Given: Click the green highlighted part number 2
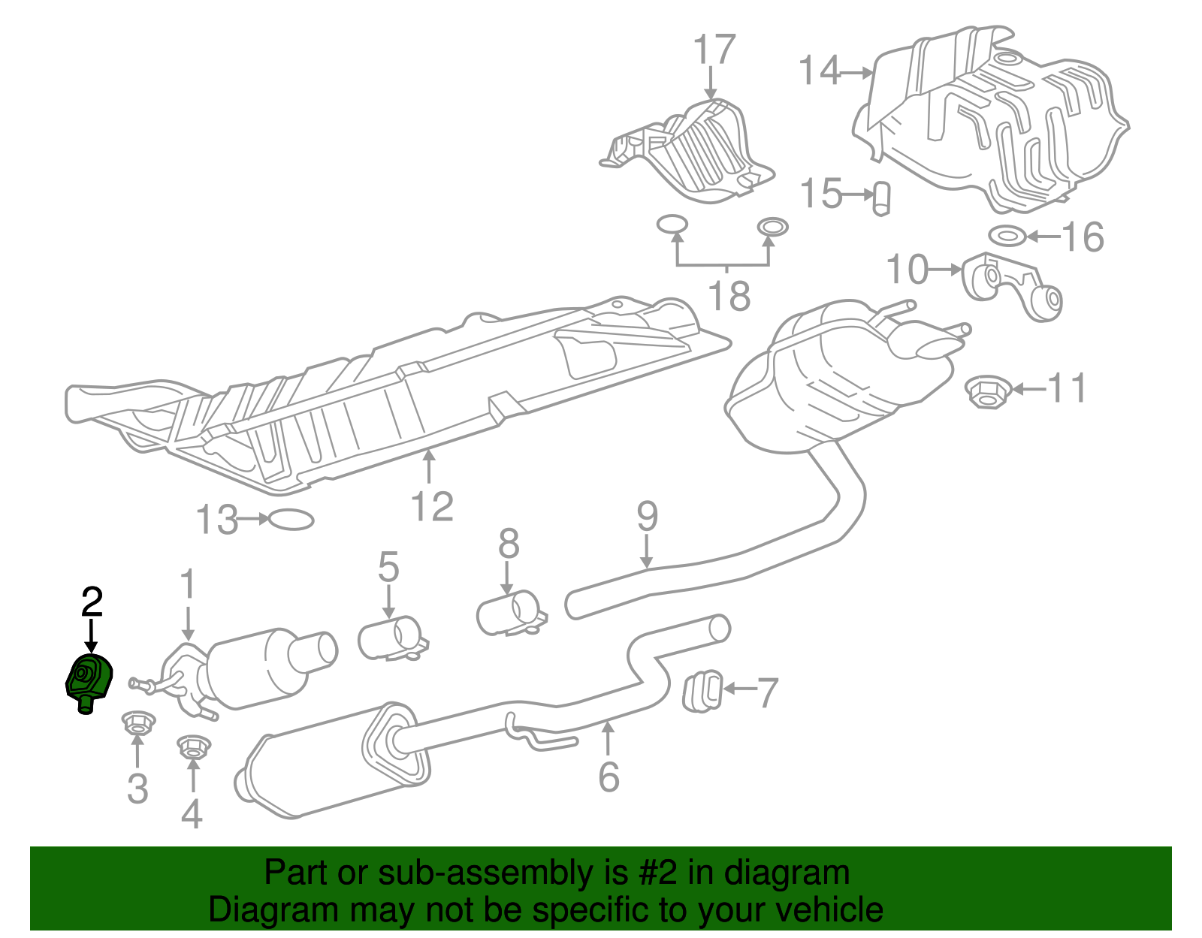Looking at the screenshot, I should (89, 680).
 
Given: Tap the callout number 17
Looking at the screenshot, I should (713, 50).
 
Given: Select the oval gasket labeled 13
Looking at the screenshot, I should (291, 519).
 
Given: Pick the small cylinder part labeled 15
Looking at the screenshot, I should (882, 198).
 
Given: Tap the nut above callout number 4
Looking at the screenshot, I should (192, 747).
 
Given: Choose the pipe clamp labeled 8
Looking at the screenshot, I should (511, 614).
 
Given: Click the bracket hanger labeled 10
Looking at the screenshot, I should (1010, 285).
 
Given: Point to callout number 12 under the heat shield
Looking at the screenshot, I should (432, 506).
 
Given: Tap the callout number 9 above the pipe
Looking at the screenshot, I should (647, 517).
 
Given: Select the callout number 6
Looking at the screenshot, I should (609, 777).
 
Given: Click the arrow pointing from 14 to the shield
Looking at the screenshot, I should (856, 73).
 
